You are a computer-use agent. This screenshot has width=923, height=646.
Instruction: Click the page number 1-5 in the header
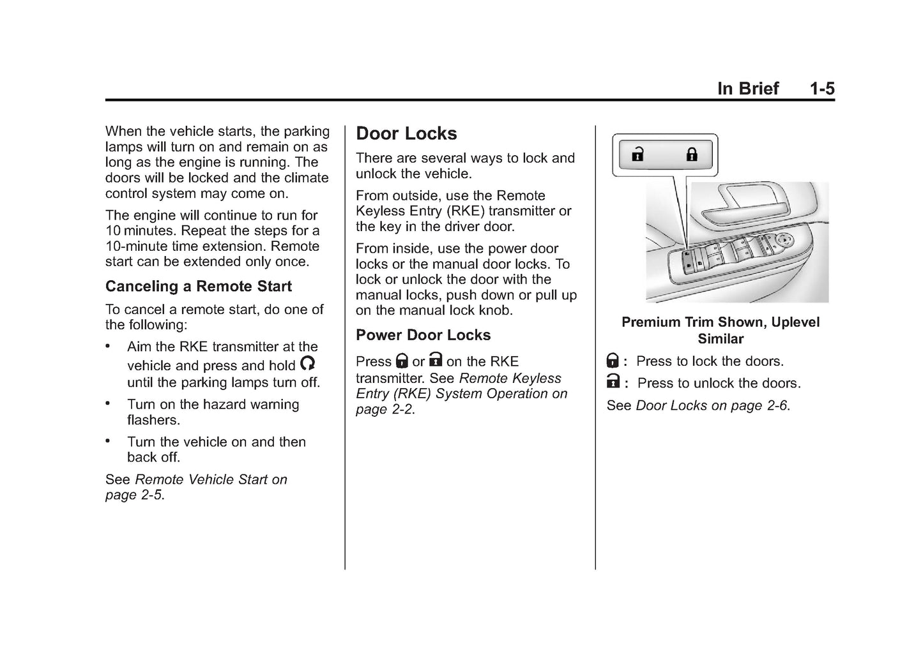coord(823,89)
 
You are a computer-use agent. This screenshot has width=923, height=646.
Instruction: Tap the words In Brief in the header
coord(748,89)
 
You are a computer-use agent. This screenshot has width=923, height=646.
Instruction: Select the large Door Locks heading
coord(406,133)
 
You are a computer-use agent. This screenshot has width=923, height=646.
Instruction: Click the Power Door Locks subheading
coord(423,334)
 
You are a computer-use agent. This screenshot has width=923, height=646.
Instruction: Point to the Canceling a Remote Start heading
coord(198,286)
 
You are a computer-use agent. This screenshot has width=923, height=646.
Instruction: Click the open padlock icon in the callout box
coord(637,154)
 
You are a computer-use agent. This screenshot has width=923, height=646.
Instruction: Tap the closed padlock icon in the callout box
coord(692,154)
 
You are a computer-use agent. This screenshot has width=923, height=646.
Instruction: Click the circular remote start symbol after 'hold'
coord(307,363)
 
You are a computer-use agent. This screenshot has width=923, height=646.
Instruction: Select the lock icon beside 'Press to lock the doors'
coord(613,360)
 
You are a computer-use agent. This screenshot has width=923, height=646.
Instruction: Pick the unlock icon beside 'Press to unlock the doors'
coord(613,381)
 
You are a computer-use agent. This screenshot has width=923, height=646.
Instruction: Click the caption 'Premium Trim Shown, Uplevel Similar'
coord(721,330)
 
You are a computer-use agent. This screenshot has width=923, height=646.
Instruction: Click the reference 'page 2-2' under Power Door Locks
coord(384,409)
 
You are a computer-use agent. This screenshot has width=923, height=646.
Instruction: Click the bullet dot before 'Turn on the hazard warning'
coord(107,403)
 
